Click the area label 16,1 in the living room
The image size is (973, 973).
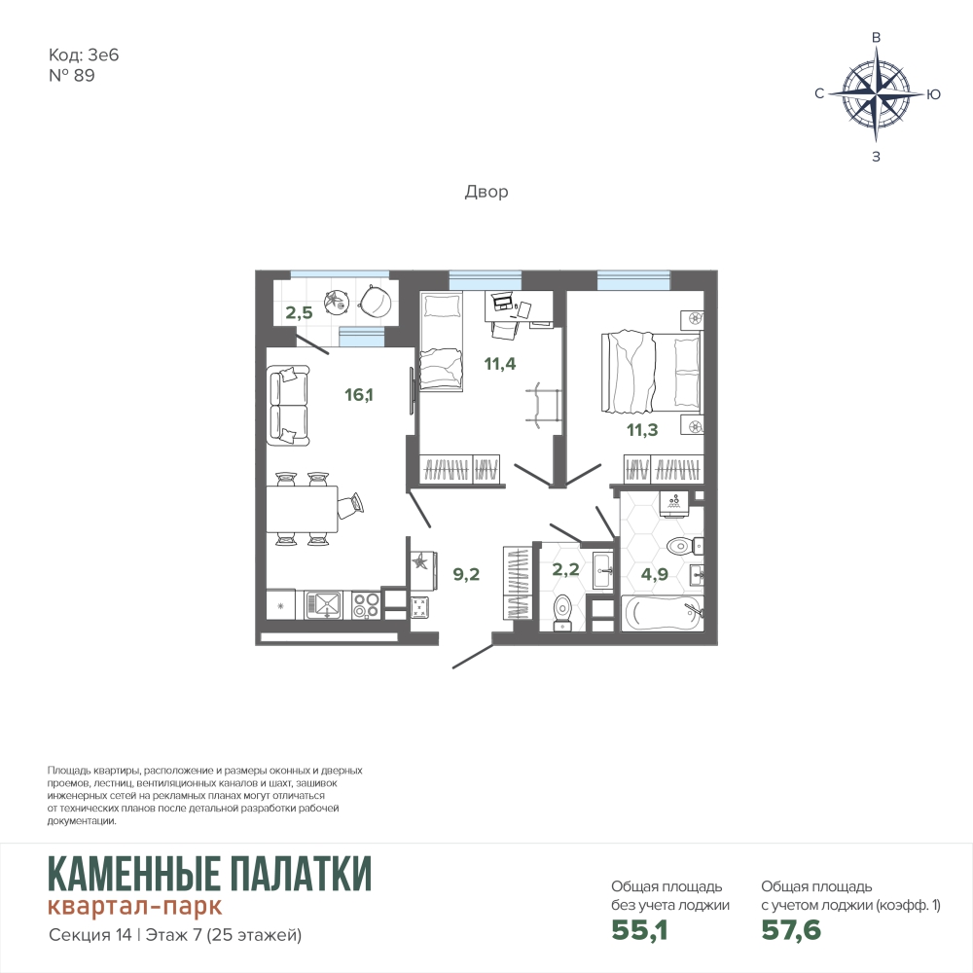359,395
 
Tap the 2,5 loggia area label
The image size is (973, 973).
299,312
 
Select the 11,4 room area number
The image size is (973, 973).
499,364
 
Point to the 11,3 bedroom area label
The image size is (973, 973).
642,429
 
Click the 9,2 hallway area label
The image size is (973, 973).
466,575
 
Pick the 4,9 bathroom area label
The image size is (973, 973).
655,574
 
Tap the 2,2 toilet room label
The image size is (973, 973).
565,569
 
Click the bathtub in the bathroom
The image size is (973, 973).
663,614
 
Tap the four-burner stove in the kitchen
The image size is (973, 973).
366,605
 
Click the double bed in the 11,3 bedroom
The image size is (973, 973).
650,371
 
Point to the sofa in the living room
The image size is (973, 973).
288,405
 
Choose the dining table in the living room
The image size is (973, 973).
303,509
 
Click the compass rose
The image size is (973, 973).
877,94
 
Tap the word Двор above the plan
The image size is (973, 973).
486,192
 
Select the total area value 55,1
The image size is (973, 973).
639,930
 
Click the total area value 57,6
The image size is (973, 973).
791,930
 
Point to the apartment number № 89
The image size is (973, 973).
71,76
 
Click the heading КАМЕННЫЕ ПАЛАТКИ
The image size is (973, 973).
210,874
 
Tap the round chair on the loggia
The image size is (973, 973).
375,299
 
